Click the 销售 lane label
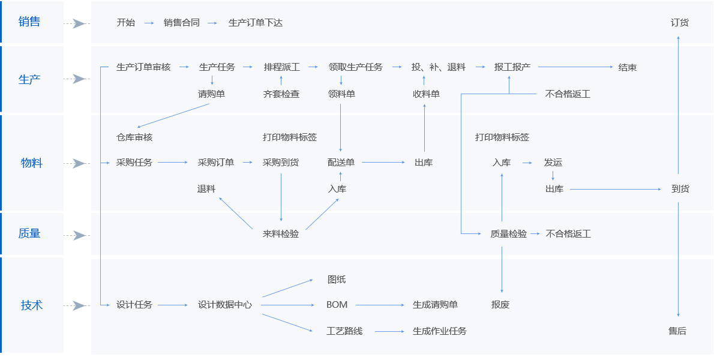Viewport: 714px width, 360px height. click(29, 22)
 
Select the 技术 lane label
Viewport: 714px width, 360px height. click(32, 305)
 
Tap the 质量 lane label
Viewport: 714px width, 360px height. click(29, 233)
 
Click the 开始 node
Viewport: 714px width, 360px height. click(126, 23)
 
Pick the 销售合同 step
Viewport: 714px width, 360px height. click(182, 23)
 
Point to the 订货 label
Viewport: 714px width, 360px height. click(680, 23)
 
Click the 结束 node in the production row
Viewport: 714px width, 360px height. click(628, 67)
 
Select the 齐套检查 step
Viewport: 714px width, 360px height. click(281, 94)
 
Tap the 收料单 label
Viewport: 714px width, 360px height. click(426, 94)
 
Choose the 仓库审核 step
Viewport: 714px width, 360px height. click(134, 137)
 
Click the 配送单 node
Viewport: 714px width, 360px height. click(341, 163)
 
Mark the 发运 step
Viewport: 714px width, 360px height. click(553, 163)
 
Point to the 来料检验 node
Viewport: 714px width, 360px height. click(281, 234)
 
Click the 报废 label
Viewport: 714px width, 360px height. click(500, 305)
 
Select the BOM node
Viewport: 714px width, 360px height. click(337, 305)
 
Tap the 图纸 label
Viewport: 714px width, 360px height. click(337, 280)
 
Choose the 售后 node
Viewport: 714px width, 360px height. click(677, 331)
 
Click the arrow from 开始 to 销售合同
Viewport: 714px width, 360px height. click(149, 23)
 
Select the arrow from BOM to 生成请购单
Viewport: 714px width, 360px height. click(380, 305)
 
